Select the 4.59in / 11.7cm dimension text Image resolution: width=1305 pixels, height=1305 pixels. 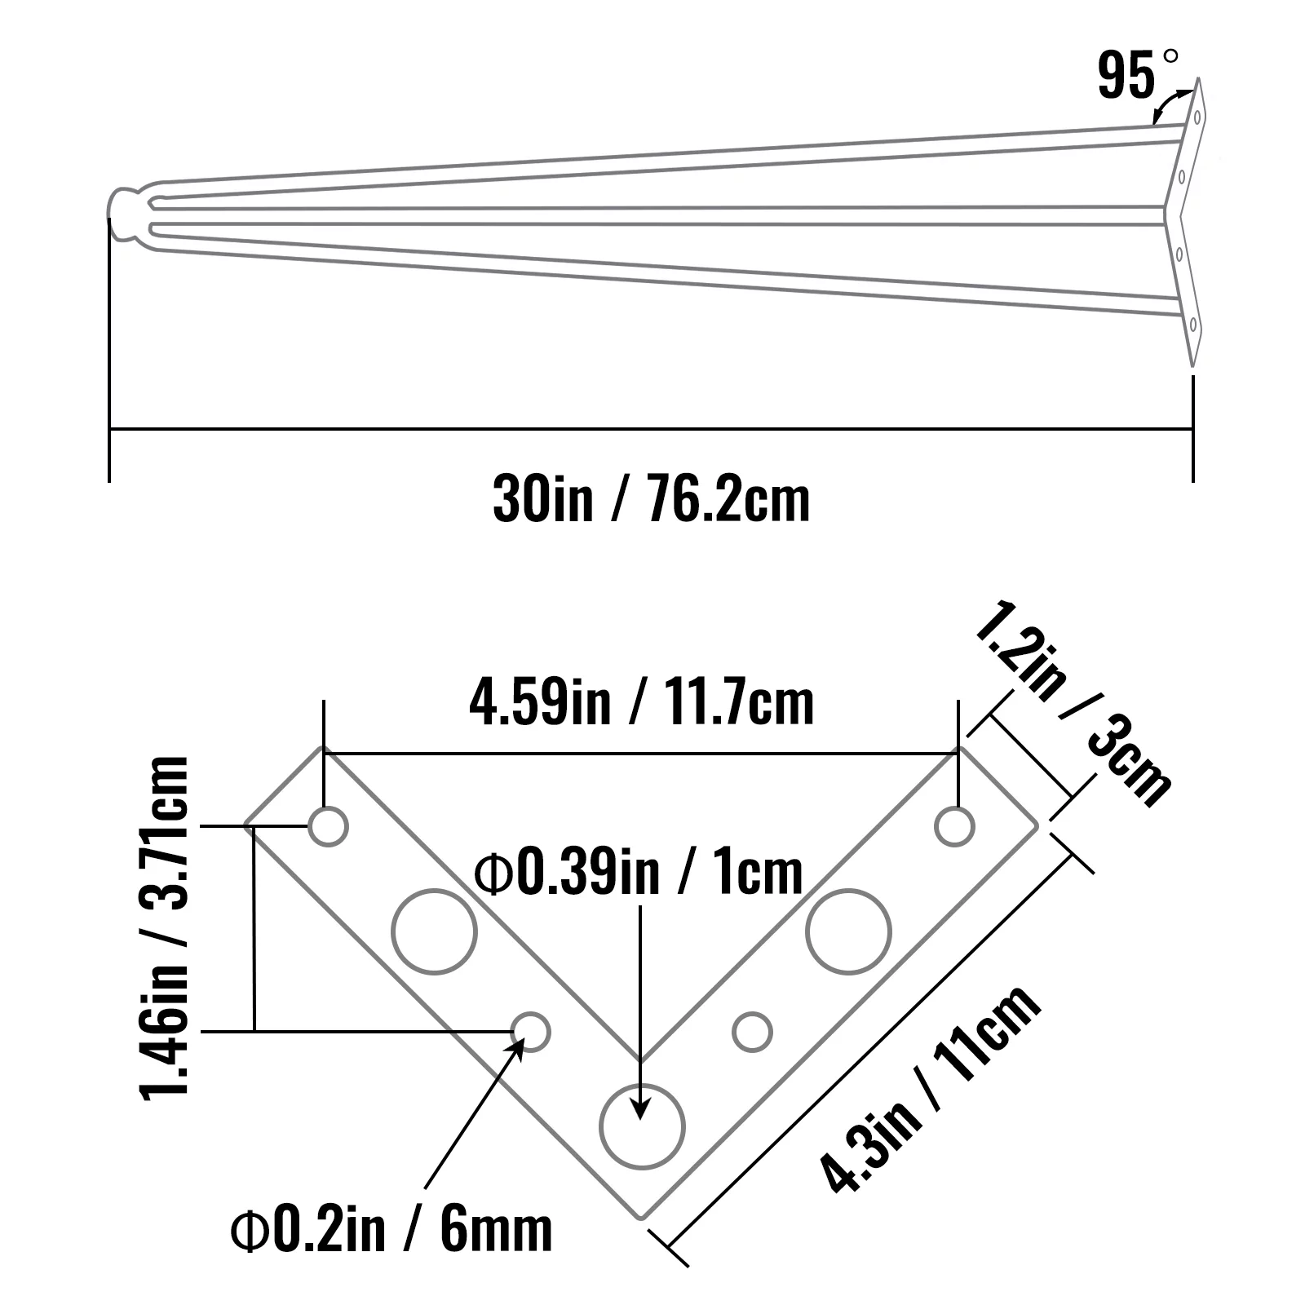click(x=641, y=703)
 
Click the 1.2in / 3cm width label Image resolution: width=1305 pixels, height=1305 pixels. click(x=1073, y=703)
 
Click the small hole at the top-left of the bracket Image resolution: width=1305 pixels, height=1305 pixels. click(x=329, y=827)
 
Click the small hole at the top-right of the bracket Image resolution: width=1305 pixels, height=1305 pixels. click(x=954, y=827)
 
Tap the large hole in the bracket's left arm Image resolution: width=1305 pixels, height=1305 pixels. click(x=434, y=931)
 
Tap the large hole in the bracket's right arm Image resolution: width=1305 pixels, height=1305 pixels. click(x=849, y=931)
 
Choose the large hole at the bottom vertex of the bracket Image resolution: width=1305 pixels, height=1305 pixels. click(x=642, y=1126)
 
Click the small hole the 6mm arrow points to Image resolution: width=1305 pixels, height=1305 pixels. click(x=531, y=1032)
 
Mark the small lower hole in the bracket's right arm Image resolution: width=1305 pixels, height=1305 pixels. click(x=752, y=1032)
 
